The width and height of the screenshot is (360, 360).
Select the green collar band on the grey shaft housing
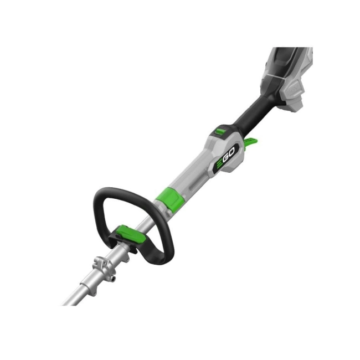pos(170,198)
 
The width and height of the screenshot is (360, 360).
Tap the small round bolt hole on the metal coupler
pos(113,279)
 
